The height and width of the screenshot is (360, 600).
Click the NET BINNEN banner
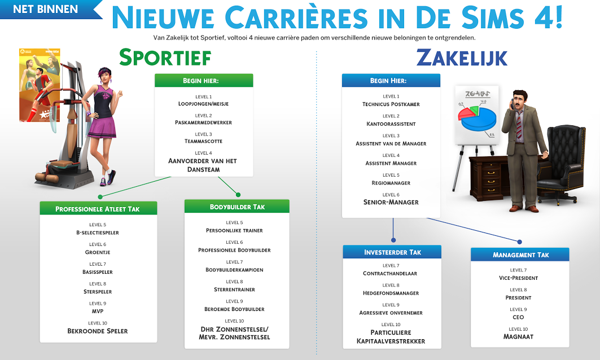point(48,9)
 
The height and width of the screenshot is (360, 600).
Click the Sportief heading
point(165,58)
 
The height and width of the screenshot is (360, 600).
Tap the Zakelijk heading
point(462,58)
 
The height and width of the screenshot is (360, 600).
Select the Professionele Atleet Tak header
point(98,209)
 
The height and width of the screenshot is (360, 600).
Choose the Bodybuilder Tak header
point(237,207)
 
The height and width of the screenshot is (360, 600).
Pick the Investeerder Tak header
point(392,252)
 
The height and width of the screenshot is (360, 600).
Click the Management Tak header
point(520,255)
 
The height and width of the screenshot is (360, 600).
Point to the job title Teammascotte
point(204,141)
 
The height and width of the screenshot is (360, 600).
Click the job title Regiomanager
point(391,183)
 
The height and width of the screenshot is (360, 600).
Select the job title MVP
point(98,311)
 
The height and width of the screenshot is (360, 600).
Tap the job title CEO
point(518,317)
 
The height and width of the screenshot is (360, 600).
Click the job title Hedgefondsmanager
point(391,293)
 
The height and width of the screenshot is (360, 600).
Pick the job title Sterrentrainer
point(235,289)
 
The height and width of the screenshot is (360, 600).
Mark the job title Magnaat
point(518,337)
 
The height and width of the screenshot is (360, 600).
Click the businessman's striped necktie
point(519,125)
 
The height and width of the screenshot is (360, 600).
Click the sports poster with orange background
point(40,85)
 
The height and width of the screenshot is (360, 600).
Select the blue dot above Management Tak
point(519,242)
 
